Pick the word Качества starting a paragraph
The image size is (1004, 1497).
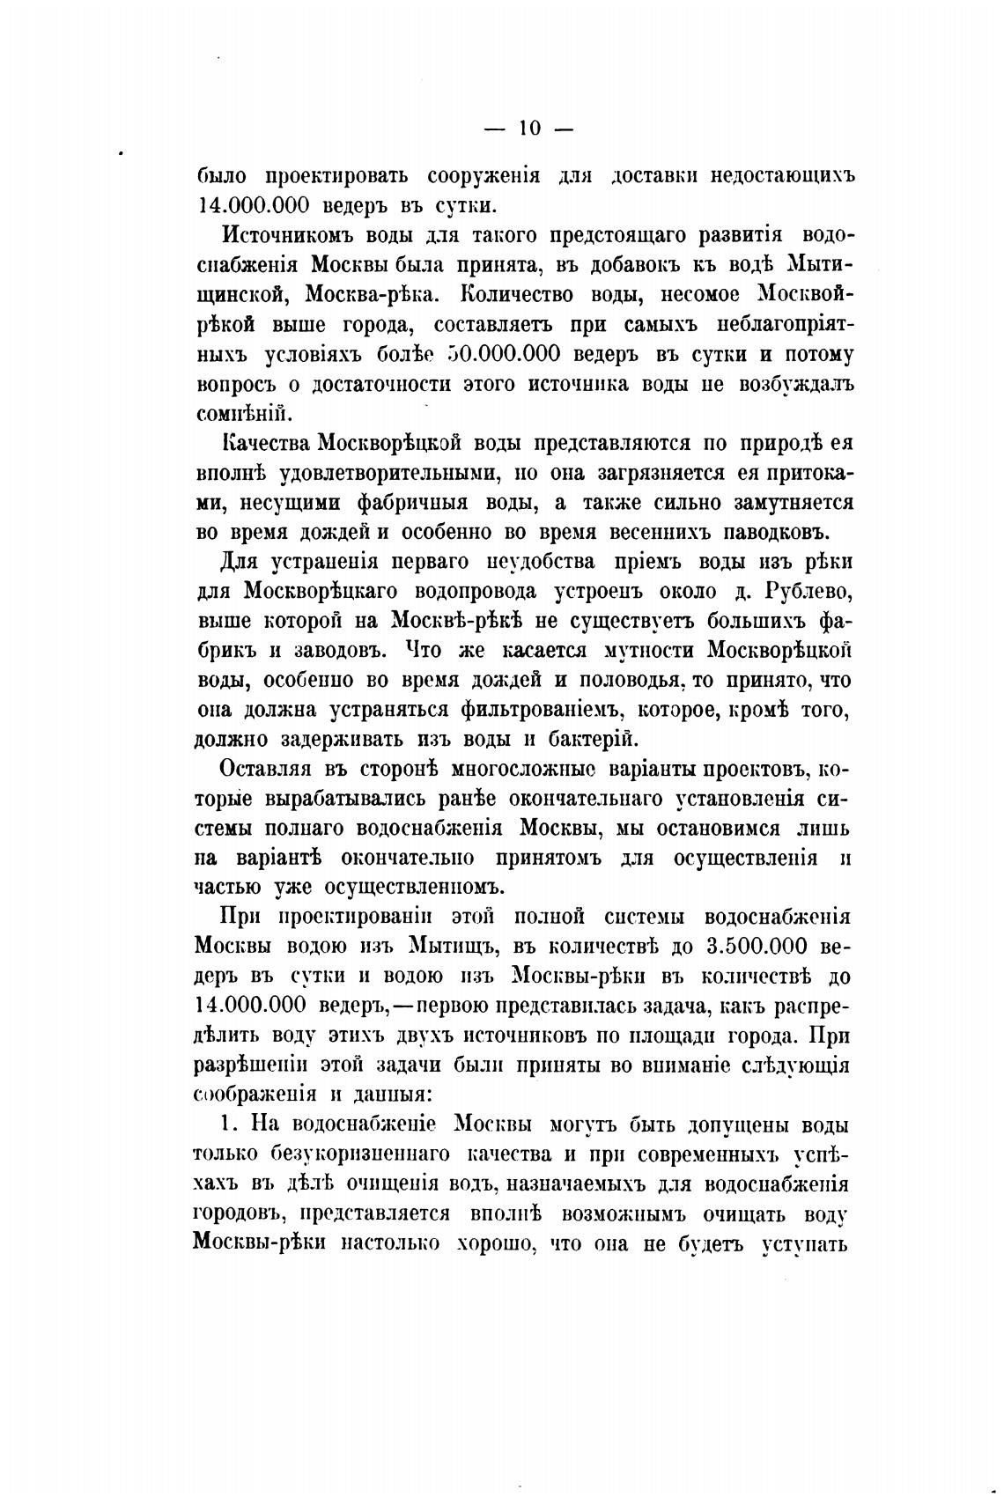[x=263, y=443]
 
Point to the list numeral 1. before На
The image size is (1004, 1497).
[x=228, y=1125]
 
